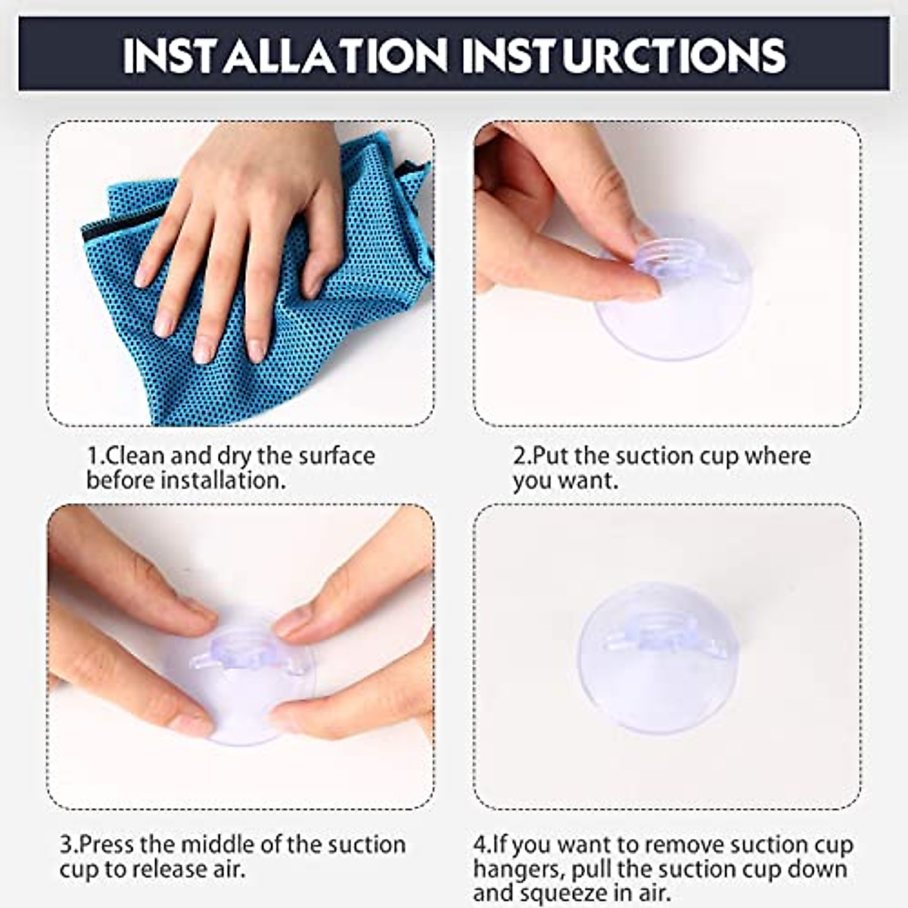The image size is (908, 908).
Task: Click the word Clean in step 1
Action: pyautogui.click(x=136, y=456)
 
